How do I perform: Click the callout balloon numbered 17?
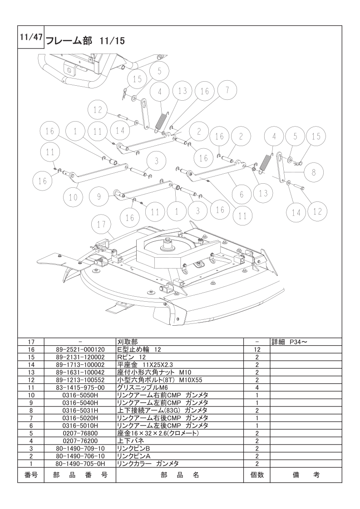(x=101, y=225)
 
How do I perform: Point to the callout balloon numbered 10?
(x=74, y=197)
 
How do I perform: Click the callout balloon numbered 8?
(x=314, y=172)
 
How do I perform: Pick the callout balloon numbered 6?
(x=241, y=194)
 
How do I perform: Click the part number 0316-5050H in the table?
(x=79, y=395)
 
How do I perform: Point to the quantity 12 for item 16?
(x=256, y=349)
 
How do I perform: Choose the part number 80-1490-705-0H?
(x=79, y=464)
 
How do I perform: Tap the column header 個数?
(x=256, y=475)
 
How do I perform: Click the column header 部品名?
(x=180, y=475)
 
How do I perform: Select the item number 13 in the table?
(x=31, y=372)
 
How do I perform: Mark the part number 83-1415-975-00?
(x=79, y=387)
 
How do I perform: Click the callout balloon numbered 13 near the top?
(x=182, y=91)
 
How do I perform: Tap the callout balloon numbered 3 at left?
(x=156, y=161)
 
